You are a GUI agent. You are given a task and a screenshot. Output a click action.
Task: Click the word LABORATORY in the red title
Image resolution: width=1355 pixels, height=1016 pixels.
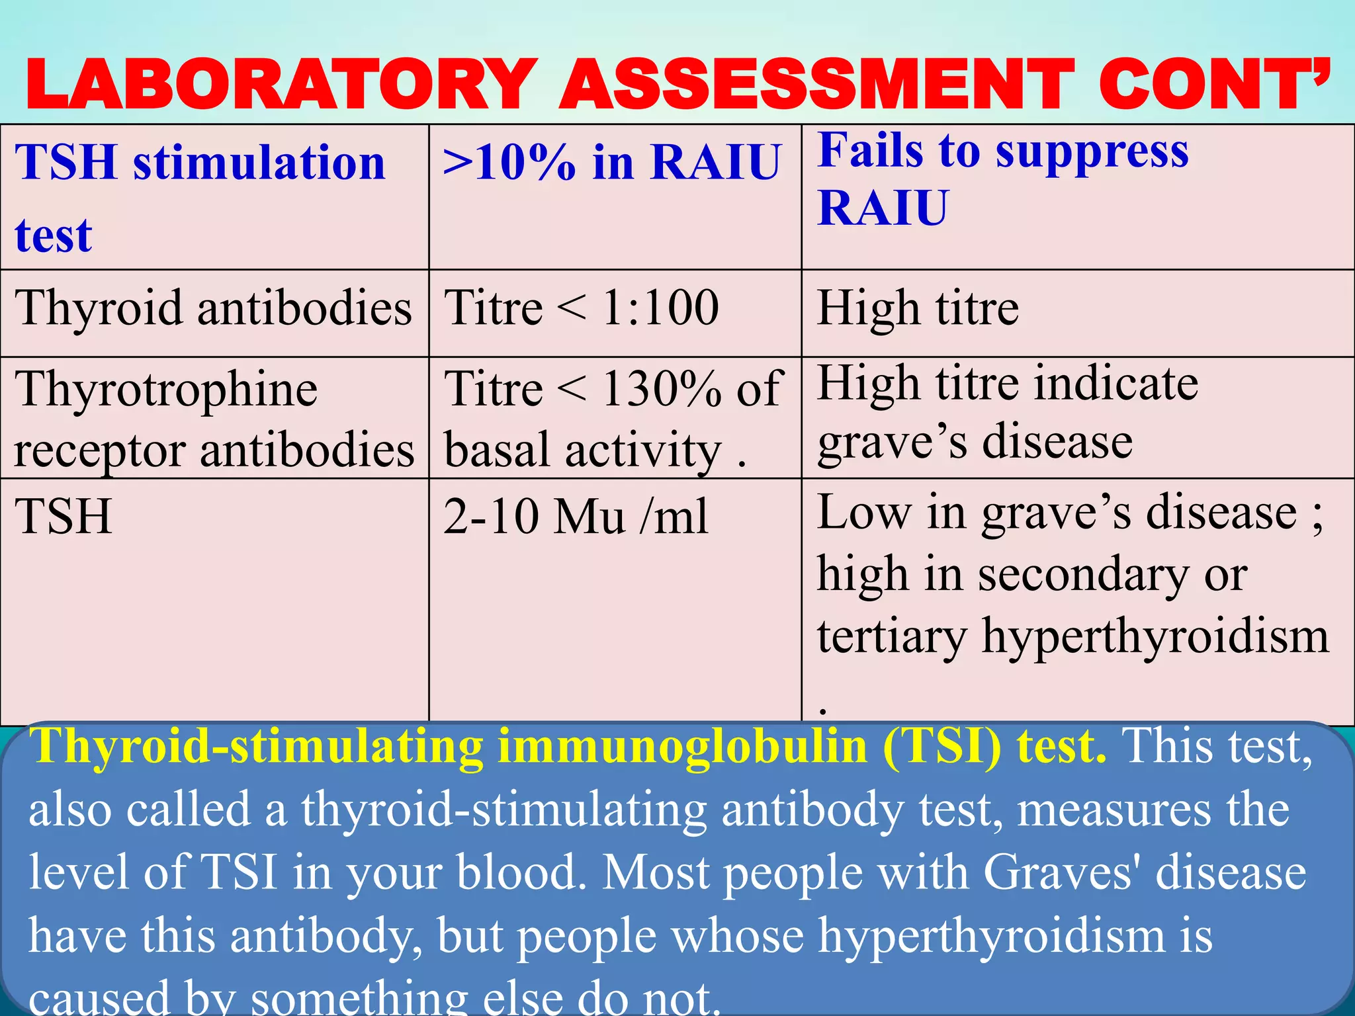point(281,85)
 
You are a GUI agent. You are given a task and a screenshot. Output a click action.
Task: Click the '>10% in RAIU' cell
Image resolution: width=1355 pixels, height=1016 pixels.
point(612,162)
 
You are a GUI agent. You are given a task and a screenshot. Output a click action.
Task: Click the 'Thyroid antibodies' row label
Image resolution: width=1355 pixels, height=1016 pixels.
point(213,308)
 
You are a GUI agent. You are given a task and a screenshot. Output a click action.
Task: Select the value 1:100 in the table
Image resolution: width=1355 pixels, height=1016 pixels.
point(660,308)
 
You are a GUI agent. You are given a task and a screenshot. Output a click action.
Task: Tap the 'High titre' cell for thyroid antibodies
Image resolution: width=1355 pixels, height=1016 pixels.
point(918,308)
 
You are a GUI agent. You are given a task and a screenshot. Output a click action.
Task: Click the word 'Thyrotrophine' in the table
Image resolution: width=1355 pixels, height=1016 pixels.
point(166,389)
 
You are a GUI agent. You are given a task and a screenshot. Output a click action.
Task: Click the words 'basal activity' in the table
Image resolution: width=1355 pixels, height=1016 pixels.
point(582,450)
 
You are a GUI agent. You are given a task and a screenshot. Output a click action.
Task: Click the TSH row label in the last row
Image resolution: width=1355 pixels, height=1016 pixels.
point(64,516)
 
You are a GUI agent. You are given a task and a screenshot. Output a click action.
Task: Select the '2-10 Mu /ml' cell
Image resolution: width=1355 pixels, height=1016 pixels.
point(576,516)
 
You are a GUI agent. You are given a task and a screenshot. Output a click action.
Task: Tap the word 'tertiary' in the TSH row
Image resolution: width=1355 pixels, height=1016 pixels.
point(891,636)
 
